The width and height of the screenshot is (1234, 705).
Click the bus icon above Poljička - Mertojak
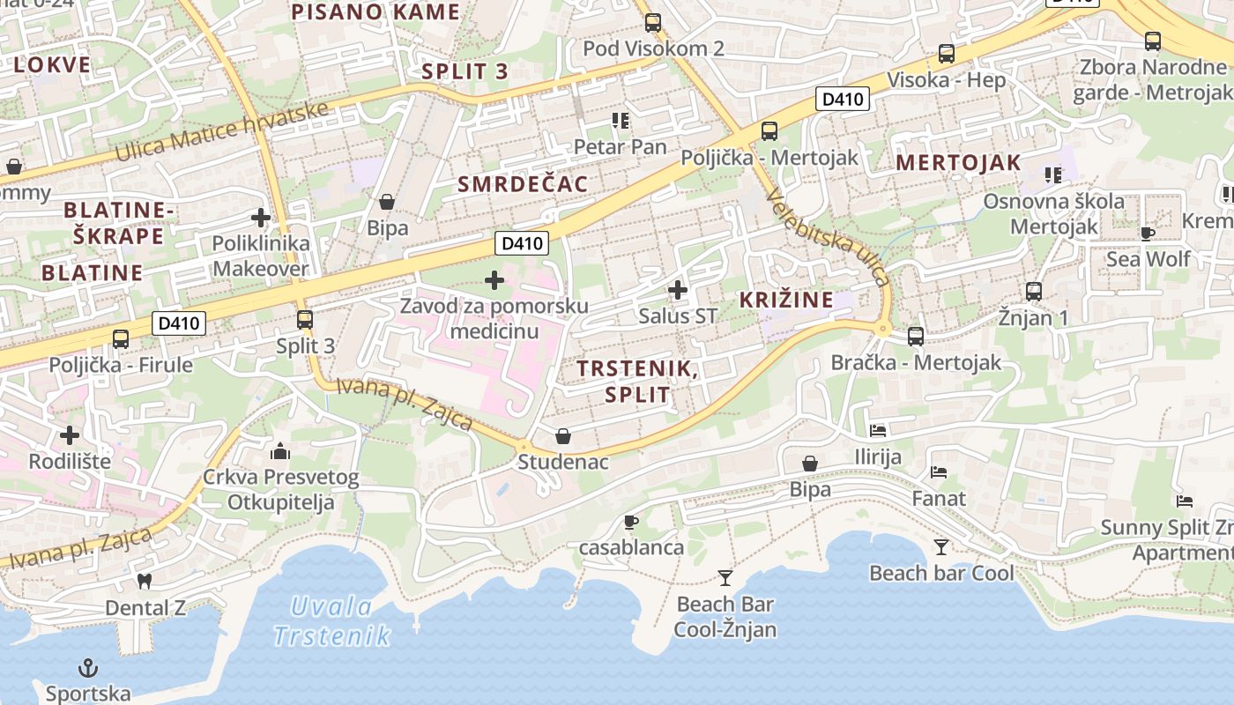(769, 131)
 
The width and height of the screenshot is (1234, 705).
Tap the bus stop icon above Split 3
(305, 319)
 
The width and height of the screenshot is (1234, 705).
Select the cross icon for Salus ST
(678, 289)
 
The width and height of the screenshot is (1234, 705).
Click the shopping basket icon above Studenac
(563, 436)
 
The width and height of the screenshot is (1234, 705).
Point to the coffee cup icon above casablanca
(631, 522)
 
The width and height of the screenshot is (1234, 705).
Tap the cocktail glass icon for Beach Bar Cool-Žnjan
(725, 578)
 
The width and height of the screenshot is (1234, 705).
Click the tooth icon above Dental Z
(145, 582)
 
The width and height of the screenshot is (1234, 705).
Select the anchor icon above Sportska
(87, 668)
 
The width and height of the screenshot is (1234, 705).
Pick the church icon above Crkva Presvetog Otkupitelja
(280, 452)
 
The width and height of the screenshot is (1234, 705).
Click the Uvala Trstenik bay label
(331, 620)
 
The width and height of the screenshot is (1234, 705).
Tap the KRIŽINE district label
(786, 300)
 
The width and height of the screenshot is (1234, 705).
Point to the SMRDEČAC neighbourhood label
(523, 183)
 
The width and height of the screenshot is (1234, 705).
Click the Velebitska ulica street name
(829, 237)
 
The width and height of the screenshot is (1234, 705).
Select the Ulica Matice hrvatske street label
(221, 131)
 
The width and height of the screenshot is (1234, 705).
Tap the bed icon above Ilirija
(878, 430)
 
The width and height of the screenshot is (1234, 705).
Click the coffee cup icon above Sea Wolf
(1148, 234)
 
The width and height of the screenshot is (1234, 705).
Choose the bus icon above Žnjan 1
(1034, 291)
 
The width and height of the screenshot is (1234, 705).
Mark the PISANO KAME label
(375, 11)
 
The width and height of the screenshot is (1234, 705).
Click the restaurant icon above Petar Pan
(621, 121)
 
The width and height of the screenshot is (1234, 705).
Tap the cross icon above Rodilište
(70, 434)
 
